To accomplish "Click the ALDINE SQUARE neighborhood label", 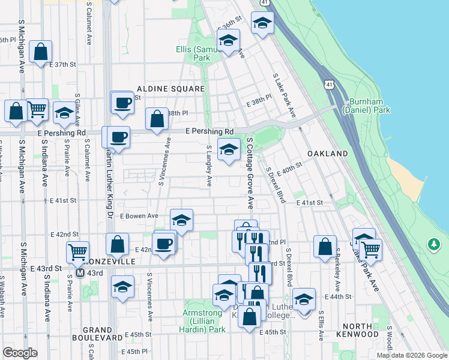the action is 170,89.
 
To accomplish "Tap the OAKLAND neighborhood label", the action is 328,154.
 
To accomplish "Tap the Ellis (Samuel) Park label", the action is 201,53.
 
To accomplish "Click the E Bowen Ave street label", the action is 139,215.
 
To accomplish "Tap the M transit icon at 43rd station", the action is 80,273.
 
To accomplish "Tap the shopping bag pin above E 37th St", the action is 40,52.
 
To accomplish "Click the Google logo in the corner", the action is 20,353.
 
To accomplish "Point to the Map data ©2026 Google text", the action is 411,355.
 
